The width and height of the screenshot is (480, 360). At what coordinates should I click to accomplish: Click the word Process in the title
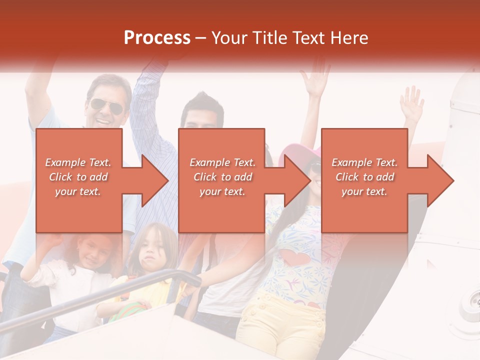(157, 38)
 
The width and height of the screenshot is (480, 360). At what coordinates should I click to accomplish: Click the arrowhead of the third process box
(438, 180)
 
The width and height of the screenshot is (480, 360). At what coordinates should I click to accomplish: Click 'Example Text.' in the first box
(78, 162)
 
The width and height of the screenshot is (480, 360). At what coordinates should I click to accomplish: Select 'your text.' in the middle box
(222, 191)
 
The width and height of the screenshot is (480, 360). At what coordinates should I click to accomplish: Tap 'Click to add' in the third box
(364, 177)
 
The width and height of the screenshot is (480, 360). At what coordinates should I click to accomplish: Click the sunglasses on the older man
(106, 106)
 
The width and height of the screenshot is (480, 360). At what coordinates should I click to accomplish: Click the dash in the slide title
(201, 38)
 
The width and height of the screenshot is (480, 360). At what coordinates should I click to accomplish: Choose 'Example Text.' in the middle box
(222, 162)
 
